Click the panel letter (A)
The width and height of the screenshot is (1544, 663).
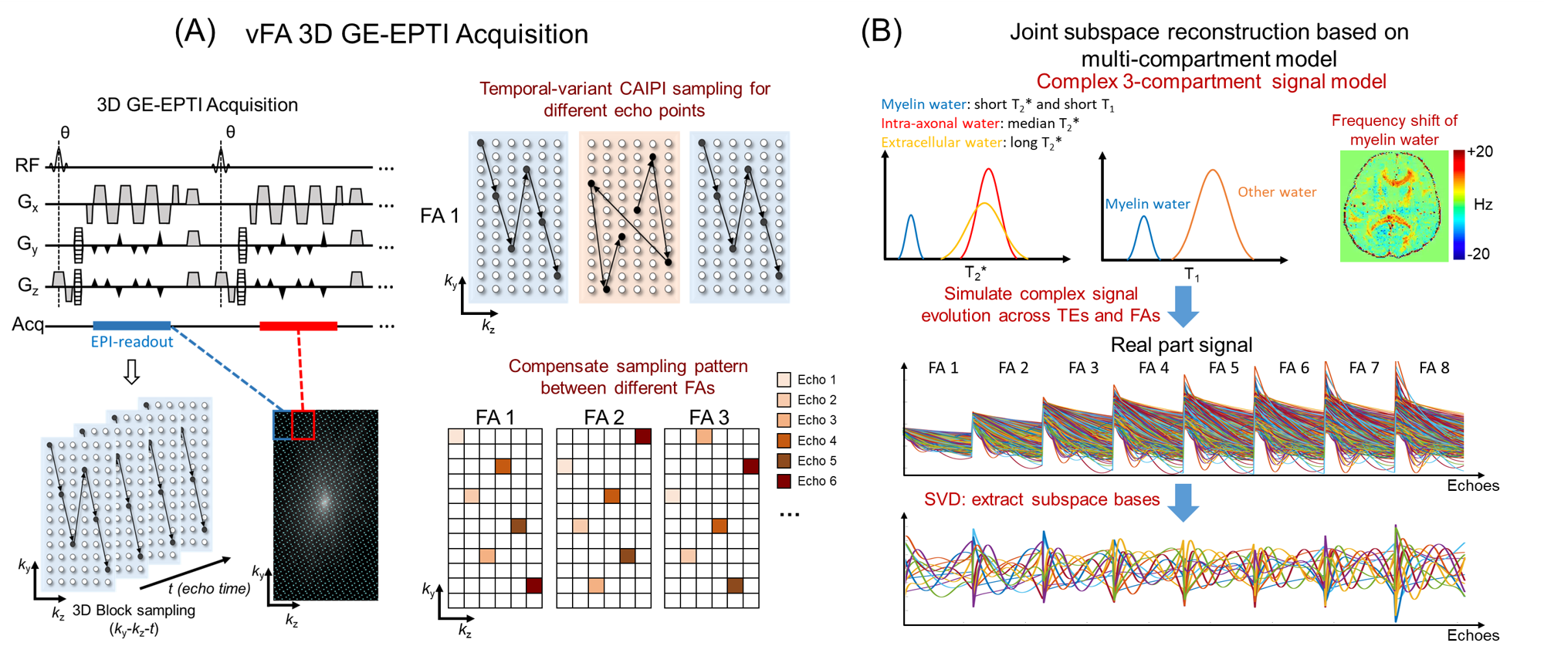pyautogui.click(x=195, y=32)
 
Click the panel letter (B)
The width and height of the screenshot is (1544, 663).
pyautogui.click(x=881, y=31)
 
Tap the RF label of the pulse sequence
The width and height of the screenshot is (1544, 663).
pyautogui.click(x=26, y=165)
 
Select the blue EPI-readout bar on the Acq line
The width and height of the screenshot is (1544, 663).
pyautogui.click(x=131, y=326)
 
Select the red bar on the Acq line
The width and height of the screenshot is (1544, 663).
pyautogui.click(x=298, y=326)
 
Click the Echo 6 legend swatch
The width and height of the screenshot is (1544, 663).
pyautogui.click(x=784, y=482)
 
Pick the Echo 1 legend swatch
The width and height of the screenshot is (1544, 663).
pyautogui.click(x=784, y=380)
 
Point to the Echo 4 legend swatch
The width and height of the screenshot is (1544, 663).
pyautogui.click(x=784, y=441)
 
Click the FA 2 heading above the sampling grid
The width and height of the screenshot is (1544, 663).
pyautogui.click(x=604, y=418)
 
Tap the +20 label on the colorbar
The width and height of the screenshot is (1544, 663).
pyautogui.click(x=1480, y=152)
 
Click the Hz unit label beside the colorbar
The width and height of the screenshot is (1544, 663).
pyautogui.click(x=1483, y=205)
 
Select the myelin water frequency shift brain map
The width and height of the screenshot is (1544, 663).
pyautogui.click(x=1393, y=205)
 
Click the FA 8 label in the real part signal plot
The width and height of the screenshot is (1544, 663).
pyautogui.click(x=1434, y=368)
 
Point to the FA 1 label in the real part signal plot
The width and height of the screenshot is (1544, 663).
pyautogui.click(x=943, y=368)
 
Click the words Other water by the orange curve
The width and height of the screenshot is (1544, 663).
pyautogui.click(x=1277, y=192)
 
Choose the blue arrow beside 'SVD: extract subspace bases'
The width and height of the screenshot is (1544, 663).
pyautogui.click(x=1183, y=502)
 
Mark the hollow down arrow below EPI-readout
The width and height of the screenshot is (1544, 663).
pyautogui.click(x=132, y=373)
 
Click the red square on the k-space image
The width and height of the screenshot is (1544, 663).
pyautogui.click(x=303, y=425)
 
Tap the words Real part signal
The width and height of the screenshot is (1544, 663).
pyautogui.click(x=1181, y=345)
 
